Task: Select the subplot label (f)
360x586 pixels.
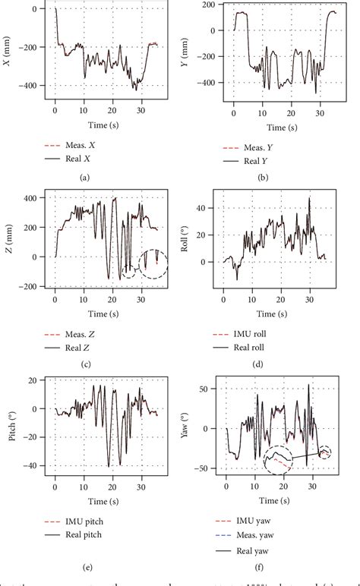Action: [x=258, y=563]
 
